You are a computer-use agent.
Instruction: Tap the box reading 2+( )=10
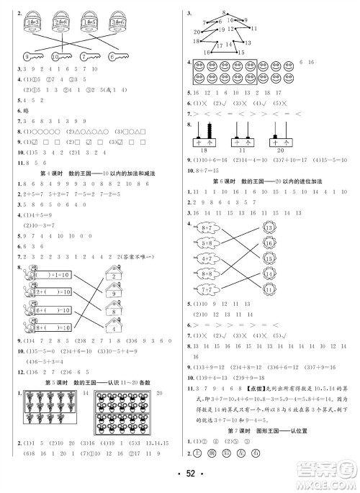pos(53,293)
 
